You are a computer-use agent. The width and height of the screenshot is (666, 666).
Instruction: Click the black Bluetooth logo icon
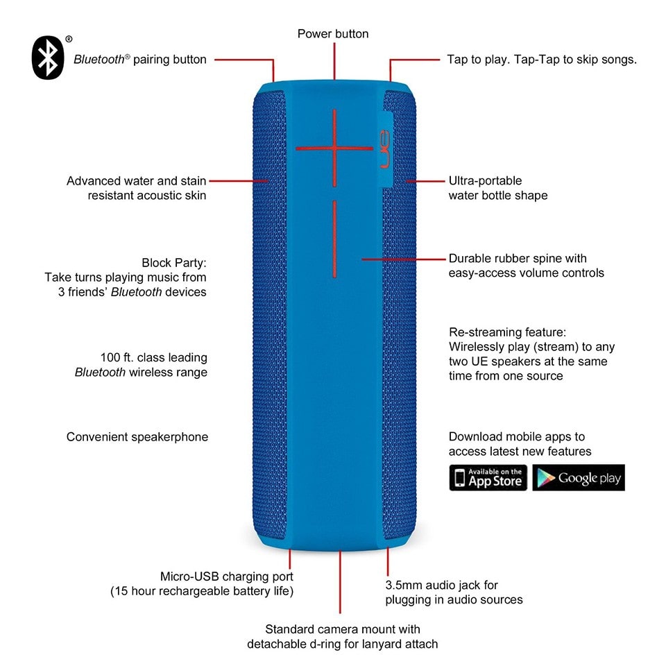click(48, 58)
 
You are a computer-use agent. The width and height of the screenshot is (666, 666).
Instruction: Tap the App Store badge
click(488, 477)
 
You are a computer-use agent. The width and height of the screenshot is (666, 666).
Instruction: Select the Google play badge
click(579, 477)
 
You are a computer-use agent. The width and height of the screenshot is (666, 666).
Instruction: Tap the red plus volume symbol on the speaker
click(334, 148)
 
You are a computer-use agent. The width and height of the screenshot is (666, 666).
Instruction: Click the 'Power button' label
click(333, 34)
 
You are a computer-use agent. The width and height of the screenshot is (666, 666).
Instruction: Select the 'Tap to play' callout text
click(542, 60)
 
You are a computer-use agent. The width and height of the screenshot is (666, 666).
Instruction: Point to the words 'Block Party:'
click(174, 263)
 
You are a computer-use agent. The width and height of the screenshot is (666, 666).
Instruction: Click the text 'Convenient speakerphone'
click(137, 437)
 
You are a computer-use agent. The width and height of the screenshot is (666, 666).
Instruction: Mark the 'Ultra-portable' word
click(485, 181)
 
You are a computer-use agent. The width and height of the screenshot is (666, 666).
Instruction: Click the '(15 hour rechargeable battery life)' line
click(202, 591)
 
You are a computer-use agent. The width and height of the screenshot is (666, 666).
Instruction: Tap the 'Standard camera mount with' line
click(342, 629)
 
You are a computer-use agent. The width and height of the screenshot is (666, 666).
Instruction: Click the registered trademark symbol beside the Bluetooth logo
click(69, 39)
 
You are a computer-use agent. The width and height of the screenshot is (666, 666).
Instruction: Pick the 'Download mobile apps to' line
click(516, 436)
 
